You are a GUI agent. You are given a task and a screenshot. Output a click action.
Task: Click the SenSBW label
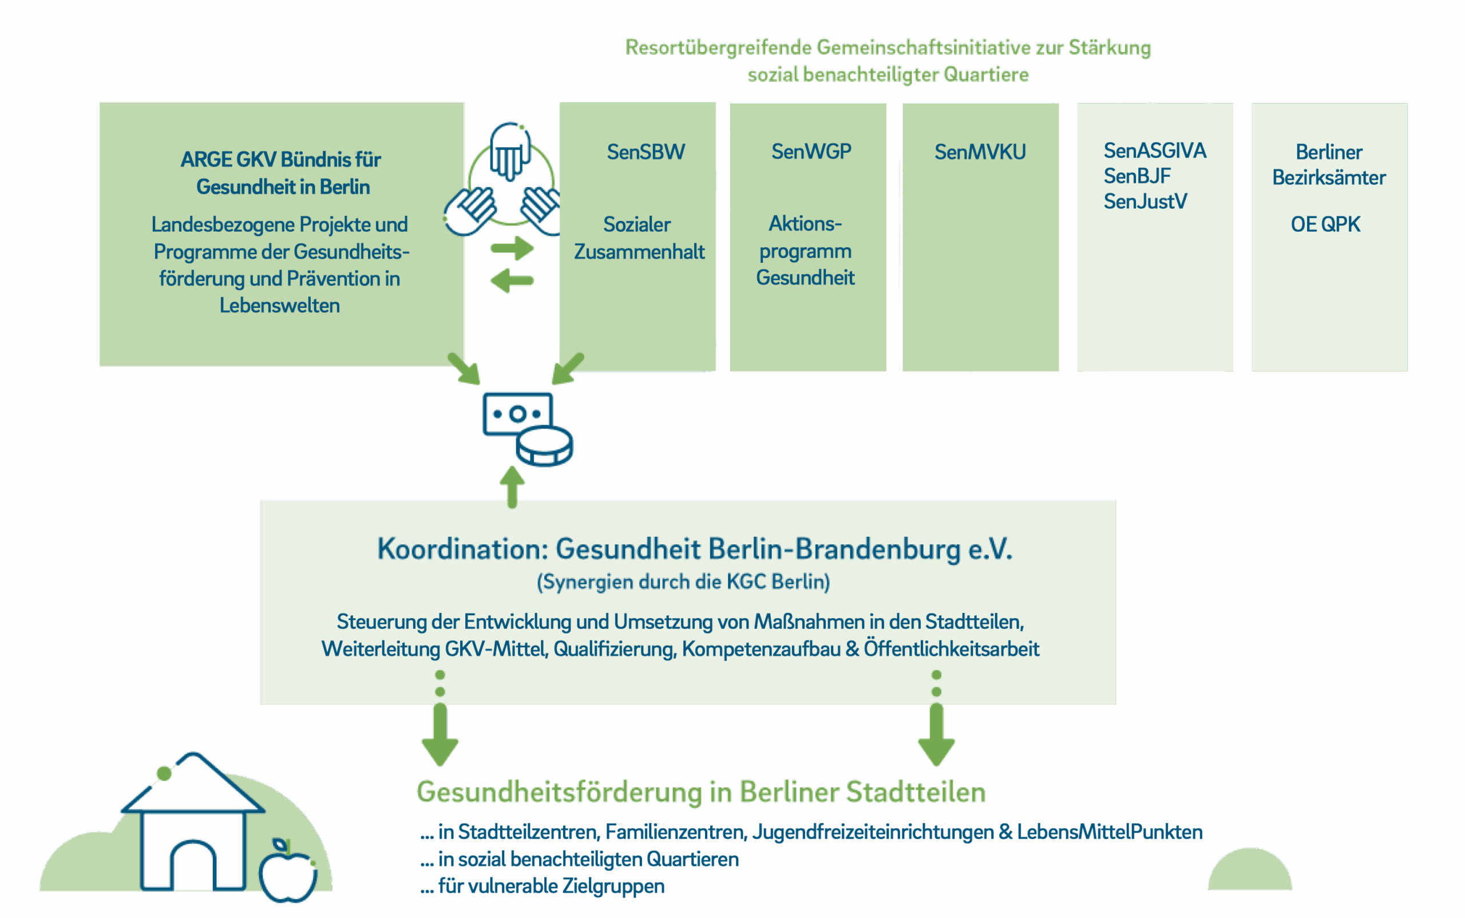click(x=646, y=152)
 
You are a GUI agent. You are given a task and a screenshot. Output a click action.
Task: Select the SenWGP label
click(x=811, y=151)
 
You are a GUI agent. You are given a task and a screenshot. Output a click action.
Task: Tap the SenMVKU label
click(x=980, y=152)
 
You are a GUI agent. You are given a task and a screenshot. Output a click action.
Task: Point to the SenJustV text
click(x=1145, y=201)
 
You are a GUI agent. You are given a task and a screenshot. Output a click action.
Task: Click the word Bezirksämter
click(x=1328, y=177)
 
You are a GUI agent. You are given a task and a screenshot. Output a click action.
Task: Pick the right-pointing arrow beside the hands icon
click(x=512, y=248)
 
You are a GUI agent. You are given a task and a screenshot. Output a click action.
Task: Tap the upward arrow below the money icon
click(x=512, y=486)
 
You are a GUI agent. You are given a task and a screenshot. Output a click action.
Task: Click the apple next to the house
click(x=288, y=872)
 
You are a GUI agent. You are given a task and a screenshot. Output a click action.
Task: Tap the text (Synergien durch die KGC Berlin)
click(x=683, y=581)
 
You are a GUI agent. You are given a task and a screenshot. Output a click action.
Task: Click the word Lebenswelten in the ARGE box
click(x=279, y=306)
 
